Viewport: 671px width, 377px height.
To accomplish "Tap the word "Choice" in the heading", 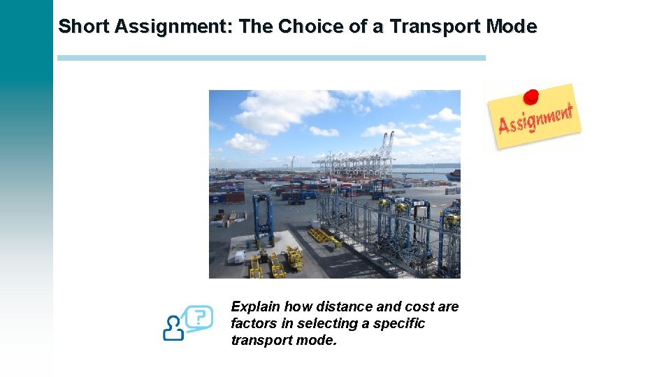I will [x=308, y=27].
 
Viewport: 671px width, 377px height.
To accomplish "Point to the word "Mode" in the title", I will [x=511, y=27].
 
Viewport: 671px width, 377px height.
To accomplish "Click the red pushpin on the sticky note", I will [x=531, y=96].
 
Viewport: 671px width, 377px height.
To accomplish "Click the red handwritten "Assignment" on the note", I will [x=535, y=119].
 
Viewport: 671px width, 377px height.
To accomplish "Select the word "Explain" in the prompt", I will [x=254, y=307].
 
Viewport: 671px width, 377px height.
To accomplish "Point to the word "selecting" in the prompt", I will [x=326, y=324].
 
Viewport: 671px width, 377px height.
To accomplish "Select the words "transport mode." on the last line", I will [x=284, y=341].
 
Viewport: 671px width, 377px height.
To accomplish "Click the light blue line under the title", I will [x=271, y=58].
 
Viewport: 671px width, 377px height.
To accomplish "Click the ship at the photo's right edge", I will [x=454, y=174].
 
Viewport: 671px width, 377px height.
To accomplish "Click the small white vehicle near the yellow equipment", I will [x=240, y=256].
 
